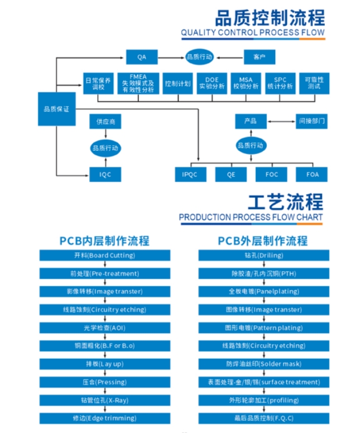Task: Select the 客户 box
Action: [260, 57]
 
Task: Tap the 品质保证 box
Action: [56, 109]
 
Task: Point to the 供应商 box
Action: [105, 122]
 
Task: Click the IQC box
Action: [105, 175]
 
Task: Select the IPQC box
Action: [190, 175]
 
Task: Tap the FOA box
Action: [313, 175]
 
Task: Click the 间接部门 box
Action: [311, 121]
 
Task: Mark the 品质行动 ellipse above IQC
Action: [105, 148]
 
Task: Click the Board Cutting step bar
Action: [105, 256]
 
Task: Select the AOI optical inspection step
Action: [105, 328]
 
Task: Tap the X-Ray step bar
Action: [105, 400]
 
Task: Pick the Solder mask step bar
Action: [264, 364]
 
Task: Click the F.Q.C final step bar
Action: [264, 418]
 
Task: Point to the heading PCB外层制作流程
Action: [262, 241]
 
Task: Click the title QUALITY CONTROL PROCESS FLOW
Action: [252, 33]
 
